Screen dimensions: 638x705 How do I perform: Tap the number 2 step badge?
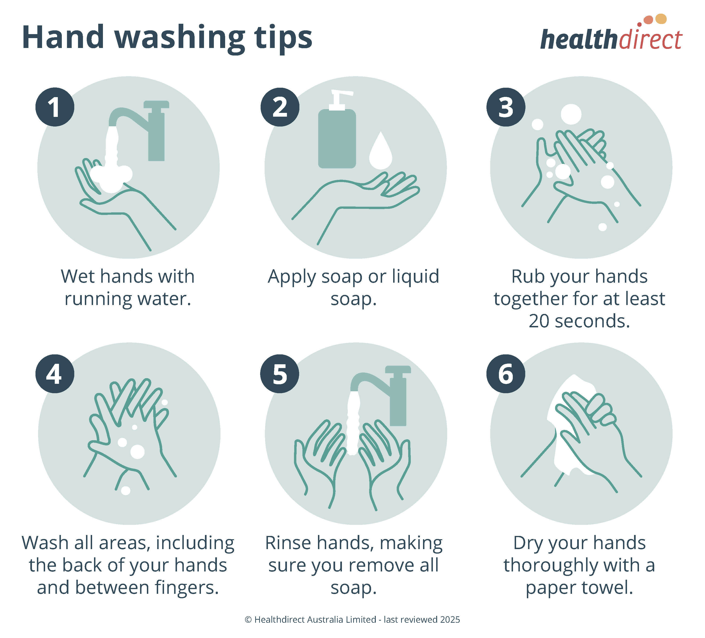click(x=280, y=107)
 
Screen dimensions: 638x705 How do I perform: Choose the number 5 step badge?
click(x=280, y=374)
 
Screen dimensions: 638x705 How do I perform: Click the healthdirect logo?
click(x=611, y=35)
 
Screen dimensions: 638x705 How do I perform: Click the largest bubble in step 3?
click(x=571, y=114)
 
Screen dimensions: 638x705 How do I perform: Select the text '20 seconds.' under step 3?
click(x=579, y=321)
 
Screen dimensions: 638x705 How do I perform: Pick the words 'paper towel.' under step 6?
click(x=579, y=588)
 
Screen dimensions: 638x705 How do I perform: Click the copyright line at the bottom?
click(x=352, y=619)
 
